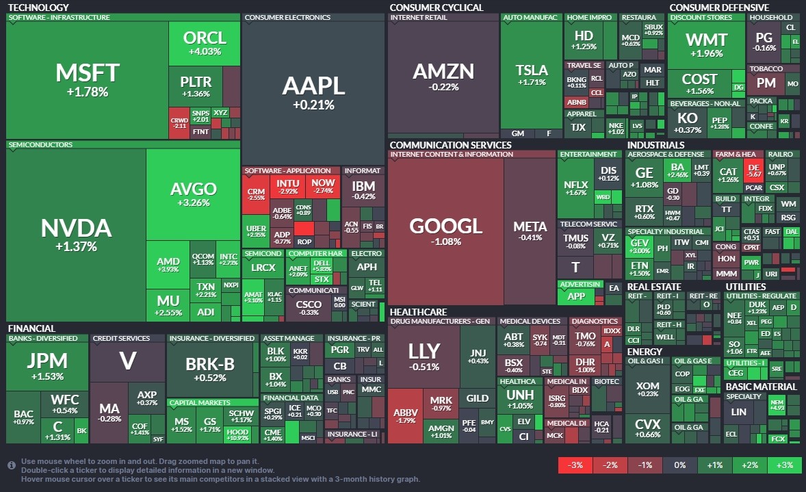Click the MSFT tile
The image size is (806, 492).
point(87,79)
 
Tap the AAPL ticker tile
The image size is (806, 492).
point(313,92)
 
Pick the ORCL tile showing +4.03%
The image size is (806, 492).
point(204,43)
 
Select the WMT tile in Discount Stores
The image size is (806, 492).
point(706,44)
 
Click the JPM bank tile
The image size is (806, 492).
point(47,365)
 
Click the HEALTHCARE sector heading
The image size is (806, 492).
point(418,312)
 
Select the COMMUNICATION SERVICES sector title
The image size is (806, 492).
point(450,145)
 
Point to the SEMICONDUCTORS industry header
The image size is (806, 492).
point(40,145)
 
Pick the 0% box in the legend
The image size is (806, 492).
point(679,465)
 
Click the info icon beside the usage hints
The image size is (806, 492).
point(12,465)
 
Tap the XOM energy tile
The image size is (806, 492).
point(647,389)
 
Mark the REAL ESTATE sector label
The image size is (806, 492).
point(654,287)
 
